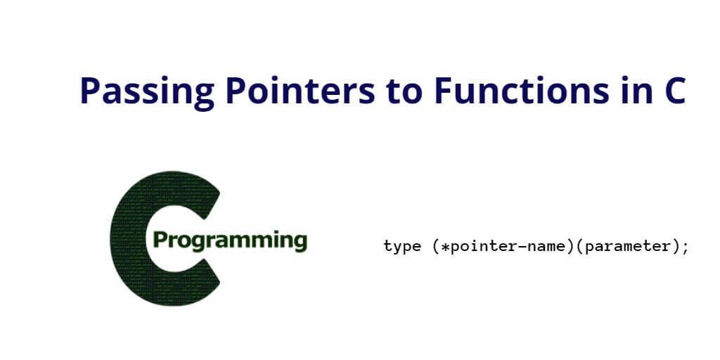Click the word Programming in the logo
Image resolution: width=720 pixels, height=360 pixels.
coord(230,240)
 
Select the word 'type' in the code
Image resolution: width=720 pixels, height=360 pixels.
coord(402,247)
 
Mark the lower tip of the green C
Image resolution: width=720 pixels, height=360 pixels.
coord(219,281)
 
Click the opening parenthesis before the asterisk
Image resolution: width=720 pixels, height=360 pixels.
coord(436,247)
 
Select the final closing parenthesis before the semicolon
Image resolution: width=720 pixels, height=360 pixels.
coord(674,247)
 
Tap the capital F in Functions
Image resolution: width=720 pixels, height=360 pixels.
coord(444,91)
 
